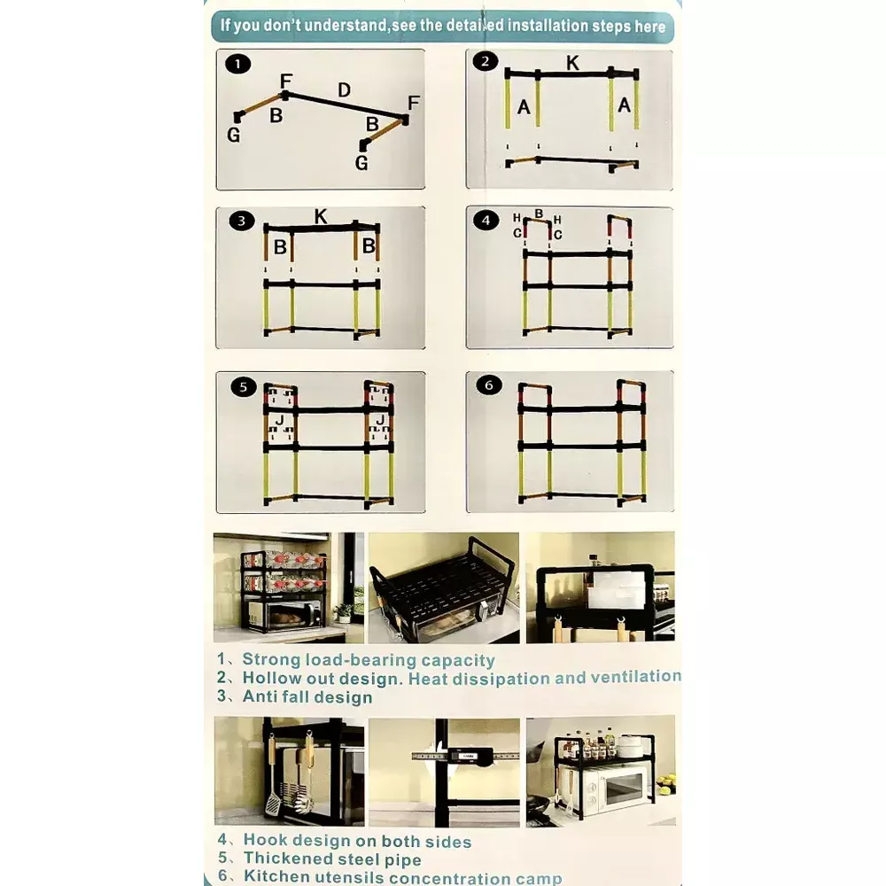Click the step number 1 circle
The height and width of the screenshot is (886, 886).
click(237, 64)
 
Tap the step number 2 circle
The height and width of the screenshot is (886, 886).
click(486, 61)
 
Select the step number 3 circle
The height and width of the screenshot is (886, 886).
click(242, 221)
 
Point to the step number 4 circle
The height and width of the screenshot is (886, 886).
click(486, 221)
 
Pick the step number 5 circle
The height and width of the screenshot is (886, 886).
click(244, 387)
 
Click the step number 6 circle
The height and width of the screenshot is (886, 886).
click(489, 385)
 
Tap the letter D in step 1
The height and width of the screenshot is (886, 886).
click(344, 89)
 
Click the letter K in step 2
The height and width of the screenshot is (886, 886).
click(572, 63)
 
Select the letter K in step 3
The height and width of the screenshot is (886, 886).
click(321, 216)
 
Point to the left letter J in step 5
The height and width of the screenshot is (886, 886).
click(279, 420)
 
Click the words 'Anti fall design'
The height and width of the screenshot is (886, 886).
click(307, 696)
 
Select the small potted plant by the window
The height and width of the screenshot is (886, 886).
click(343, 612)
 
